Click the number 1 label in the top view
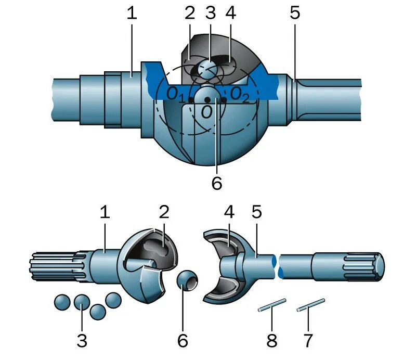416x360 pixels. [132, 14]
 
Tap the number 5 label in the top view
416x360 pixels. [295, 14]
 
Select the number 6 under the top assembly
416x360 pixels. [217, 183]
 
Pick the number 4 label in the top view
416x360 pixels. [230, 14]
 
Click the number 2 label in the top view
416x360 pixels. [189, 14]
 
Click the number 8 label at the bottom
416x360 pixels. [272, 341]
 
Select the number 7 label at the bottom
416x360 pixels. [308, 341]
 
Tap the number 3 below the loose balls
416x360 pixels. [82, 341]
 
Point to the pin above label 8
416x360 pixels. [272, 305]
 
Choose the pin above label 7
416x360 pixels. [310, 305]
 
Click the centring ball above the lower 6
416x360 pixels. [187, 281]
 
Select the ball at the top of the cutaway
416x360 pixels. [209, 69]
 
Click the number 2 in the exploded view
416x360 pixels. [164, 212]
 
